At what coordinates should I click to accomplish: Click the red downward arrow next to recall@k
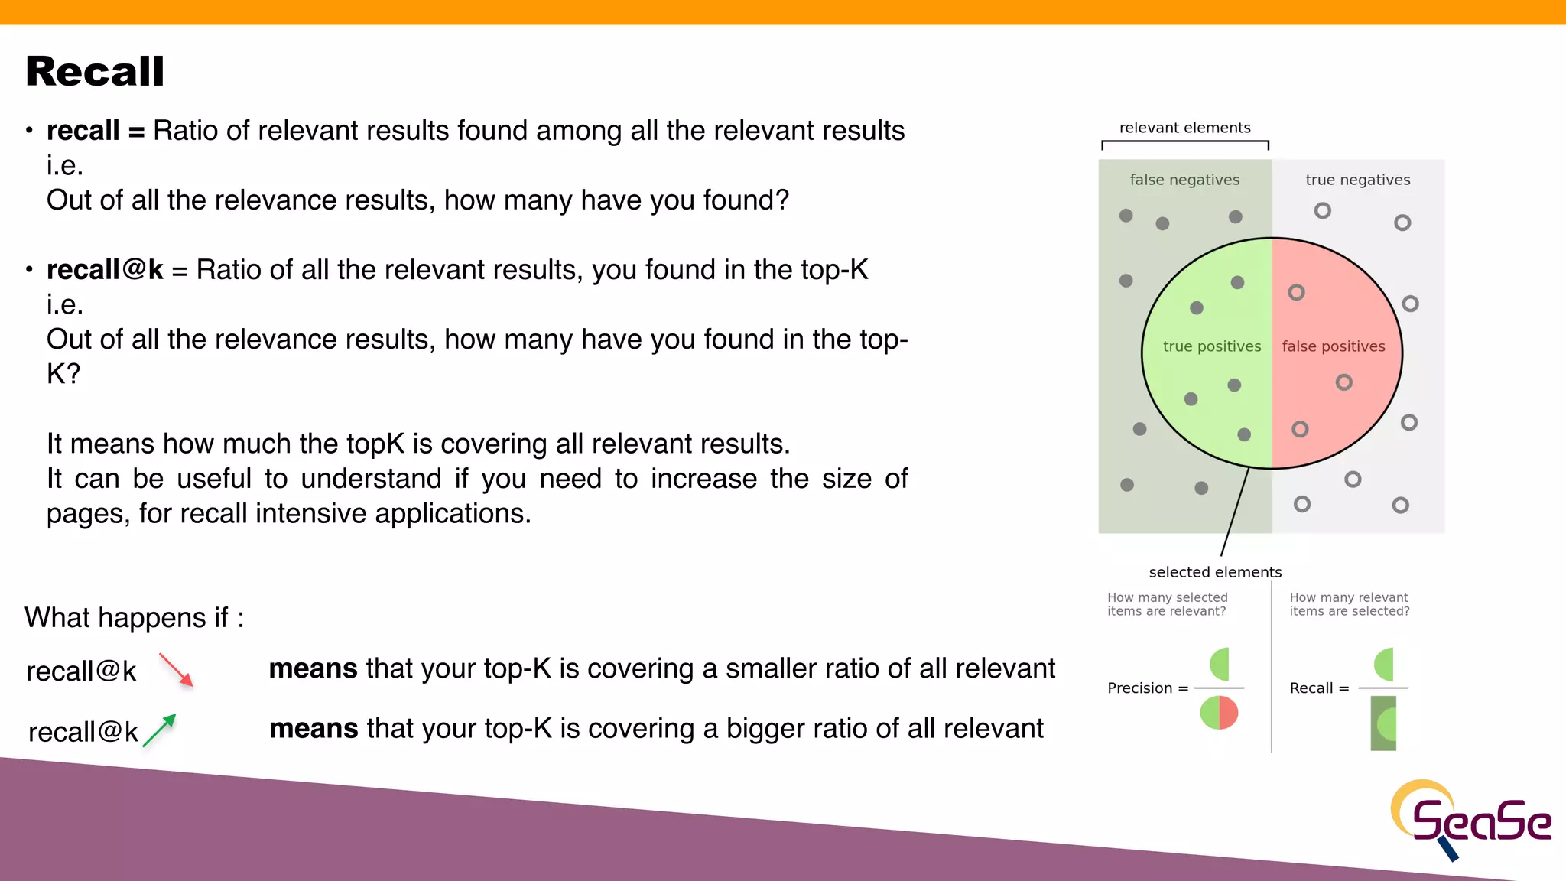click(176, 670)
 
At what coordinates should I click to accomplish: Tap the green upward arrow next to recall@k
click(160, 730)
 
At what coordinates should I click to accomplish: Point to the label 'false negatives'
click(1184, 180)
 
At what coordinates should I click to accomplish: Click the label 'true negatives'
click(1357, 180)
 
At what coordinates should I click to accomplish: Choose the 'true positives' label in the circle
click(1211, 346)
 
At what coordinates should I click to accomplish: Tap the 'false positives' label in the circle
click(1333, 346)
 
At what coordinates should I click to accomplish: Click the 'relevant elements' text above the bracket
click(1184, 128)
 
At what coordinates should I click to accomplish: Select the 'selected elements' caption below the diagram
click(1215, 572)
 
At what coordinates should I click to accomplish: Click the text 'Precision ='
click(1147, 688)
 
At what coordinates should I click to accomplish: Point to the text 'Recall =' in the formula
click(1319, 688)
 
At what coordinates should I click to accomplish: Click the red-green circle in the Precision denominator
click(1219, 713)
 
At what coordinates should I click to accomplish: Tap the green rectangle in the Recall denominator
click(1382, 723)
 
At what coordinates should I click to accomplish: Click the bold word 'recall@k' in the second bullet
click(105, 270)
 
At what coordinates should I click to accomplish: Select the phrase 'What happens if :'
click(135, 618)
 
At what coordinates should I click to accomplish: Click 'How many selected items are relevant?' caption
click(1167, 604)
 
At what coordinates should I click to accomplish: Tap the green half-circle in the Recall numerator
click(1385, 664)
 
